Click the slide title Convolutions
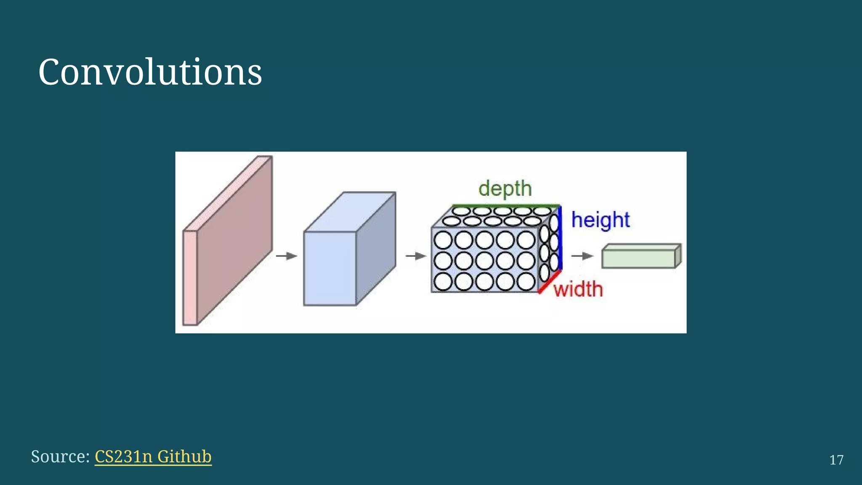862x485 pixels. click(x=150, y=72)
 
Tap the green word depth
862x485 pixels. click(x=505, y=188)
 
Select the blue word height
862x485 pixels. click(x=600, y=220)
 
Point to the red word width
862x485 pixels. click(x=578, y=289)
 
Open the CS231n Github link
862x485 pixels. click(x=153, y=456)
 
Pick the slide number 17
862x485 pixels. click(x=836, y=460)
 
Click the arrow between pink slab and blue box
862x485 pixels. click(x=287, y=256)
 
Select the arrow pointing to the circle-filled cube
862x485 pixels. click(x=416, y=256)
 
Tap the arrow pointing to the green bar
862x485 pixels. click(x=582, y=256)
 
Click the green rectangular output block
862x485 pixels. click(x=638, y=258)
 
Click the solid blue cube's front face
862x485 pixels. click(x=330, y=268)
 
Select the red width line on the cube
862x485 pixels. click(x=550, y=281)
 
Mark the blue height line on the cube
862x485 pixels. click(x=560, y=238)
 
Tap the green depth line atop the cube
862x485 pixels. click(x=505, y=206)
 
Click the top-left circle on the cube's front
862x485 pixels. click(x=443, y=240)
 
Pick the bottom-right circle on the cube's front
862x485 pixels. click(x=526, y=282)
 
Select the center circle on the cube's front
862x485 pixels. click(x=484, y=261)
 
